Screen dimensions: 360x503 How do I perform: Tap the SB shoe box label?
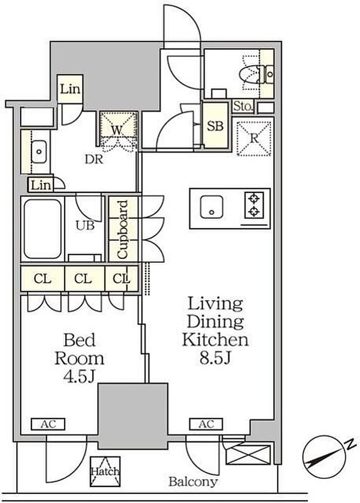215,126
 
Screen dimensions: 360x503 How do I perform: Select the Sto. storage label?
243,106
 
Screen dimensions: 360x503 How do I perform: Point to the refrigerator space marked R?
254,138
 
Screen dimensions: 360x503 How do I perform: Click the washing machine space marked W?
117,130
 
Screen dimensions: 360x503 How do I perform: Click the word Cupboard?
123,229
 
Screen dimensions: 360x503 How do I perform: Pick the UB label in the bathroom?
85,226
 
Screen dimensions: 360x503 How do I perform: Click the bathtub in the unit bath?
43,229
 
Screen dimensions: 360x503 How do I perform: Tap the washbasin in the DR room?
39,152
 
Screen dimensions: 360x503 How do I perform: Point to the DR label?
94,159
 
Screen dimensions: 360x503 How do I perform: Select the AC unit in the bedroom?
48,424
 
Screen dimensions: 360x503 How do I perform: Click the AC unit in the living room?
206,424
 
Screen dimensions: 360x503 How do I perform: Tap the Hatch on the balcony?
105,471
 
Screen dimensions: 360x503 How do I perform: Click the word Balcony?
193,481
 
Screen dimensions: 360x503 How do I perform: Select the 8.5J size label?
215,358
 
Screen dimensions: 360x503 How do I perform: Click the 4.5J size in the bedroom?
79,376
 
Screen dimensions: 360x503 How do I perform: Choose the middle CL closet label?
83,279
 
